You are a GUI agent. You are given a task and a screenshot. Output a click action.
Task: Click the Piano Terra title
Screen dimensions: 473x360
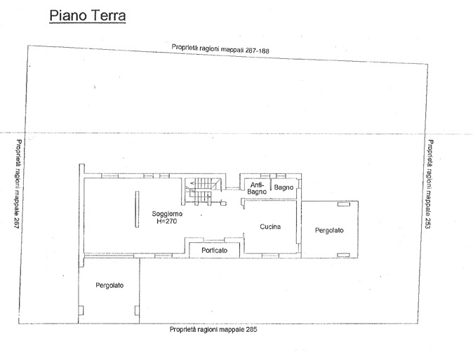[x=88, y=15]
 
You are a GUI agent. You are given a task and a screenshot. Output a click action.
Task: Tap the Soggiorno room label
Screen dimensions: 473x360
[x=167, y=214]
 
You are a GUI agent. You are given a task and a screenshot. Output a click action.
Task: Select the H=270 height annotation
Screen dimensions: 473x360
[x=167, y=221]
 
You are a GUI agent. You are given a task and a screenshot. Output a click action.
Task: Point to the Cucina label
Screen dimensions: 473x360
[x=270, y=227]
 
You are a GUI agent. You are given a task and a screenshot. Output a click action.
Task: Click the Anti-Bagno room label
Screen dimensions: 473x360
[x=257, y=188]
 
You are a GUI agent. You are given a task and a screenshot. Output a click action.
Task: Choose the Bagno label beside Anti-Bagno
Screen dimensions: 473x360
[x=284, y=187]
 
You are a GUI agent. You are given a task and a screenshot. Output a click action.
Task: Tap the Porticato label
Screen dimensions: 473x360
[x=215, y=250]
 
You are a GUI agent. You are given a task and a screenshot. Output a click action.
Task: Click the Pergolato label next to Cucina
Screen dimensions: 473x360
[x=329, y=230]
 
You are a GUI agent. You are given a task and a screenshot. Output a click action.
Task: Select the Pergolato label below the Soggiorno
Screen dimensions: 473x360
[x=109, y=285]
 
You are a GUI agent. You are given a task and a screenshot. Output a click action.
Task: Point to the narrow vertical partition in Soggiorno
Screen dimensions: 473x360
[x=138, y=209]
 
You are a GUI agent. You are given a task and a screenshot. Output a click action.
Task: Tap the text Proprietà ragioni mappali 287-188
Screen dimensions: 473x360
[x=220, y=49]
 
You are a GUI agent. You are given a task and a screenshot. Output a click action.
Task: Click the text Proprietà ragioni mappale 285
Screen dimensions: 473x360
[x=213, y=330]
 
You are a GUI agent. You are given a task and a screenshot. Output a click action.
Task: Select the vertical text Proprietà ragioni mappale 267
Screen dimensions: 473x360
[x=18, y=184]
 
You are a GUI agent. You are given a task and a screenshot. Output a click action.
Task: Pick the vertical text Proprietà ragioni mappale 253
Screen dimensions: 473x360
[x=429, y=184]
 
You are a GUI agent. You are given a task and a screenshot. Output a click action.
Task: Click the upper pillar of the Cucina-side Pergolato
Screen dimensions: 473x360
[x=344, y=204]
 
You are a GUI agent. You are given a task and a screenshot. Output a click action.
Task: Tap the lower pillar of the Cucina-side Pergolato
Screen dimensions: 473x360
[x=344, y=255]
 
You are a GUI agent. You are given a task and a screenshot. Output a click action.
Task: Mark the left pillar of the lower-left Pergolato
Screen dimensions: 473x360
[x=81, y=310]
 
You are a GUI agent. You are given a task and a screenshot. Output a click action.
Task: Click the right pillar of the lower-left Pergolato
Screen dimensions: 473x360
[x=137, y=310]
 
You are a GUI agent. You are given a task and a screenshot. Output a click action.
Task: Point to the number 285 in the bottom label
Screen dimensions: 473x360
[x=251, y=329]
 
